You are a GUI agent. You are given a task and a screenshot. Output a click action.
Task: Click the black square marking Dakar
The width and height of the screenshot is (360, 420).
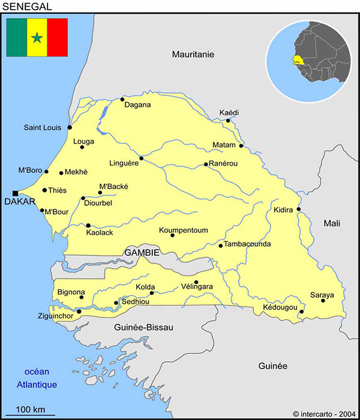15,193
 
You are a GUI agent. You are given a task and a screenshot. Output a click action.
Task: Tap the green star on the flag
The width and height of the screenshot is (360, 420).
37,38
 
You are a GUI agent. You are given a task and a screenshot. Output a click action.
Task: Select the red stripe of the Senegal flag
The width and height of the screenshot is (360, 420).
58,37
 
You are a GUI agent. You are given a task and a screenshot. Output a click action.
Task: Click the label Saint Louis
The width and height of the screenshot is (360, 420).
43,128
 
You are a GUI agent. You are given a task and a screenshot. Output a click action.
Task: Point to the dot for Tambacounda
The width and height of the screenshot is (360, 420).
221,245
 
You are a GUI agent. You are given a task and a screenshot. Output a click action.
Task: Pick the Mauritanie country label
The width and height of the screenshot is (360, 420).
193,54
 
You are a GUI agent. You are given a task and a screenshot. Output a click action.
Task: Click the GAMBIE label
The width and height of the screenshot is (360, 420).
142,253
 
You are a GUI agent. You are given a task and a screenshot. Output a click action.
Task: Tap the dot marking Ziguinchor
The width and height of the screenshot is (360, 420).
79,311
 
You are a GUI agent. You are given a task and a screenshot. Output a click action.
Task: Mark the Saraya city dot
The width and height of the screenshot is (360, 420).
323,301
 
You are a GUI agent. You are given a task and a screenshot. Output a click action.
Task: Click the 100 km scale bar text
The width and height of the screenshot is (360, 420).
31,410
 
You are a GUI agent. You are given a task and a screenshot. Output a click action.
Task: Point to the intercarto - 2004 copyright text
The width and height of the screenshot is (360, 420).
324,413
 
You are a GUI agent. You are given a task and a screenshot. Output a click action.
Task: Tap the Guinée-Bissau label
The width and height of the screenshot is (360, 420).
143,328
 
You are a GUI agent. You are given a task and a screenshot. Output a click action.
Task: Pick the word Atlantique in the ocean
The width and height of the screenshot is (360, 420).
37,385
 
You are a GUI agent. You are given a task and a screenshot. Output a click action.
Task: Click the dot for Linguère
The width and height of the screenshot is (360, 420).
142,158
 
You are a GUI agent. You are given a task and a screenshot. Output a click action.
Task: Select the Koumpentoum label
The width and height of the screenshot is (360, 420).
183,230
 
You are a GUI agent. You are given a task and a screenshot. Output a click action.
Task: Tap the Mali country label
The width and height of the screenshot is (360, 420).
332,223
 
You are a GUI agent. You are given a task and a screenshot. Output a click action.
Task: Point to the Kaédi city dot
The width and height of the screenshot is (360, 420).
228,121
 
